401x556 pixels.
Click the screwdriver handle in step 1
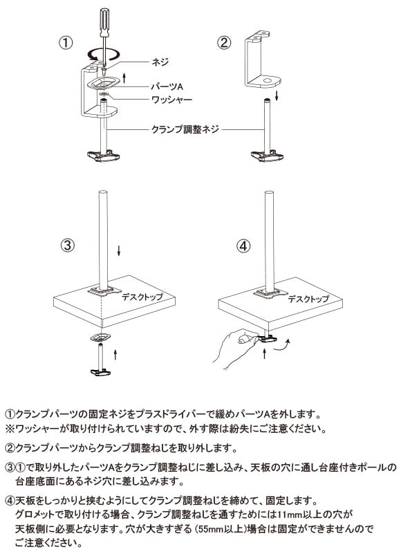pos(104,22)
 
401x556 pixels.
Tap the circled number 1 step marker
pos(66,43)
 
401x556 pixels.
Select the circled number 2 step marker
pos(223,43)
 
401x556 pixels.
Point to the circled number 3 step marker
pos(67,245)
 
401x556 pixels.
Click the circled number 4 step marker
pos(243,245)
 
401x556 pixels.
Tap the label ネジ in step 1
pos(160,62)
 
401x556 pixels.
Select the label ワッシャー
pos(171,100)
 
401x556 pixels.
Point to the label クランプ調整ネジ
pos(185,129)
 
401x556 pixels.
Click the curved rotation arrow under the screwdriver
pos(104,55)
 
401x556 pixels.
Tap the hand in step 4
pos(236,349)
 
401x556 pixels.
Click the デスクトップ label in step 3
pos(142,297)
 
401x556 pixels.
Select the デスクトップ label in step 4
pos(308,299)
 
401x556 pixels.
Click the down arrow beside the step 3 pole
pos(119,251)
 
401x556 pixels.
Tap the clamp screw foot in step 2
pos(267,156)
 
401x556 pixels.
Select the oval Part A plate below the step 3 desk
pos(101,337)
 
